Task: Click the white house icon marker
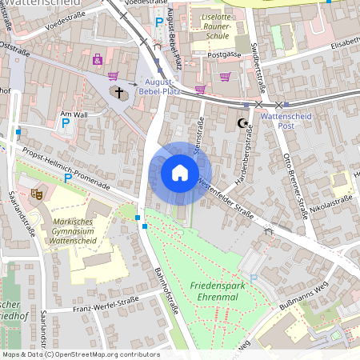(x=180, y=173)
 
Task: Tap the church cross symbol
(x=120, y=93)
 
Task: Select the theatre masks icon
(x=36, y=193)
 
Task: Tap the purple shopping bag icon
(x=98, y=59)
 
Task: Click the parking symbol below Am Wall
(x=66, y=123)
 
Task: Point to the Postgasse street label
(x=224, y=54)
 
